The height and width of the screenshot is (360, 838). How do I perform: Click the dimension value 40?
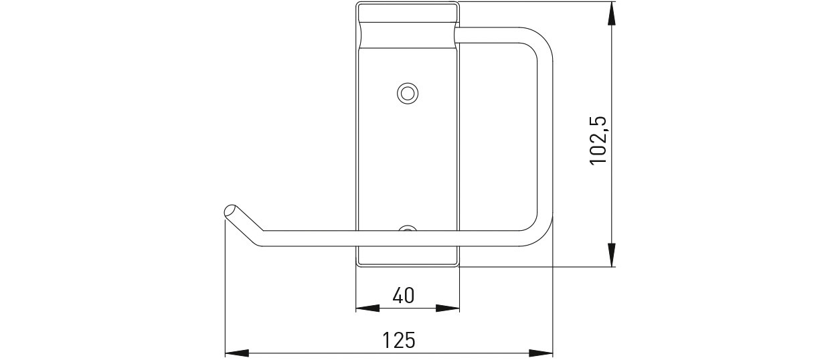[404, 295]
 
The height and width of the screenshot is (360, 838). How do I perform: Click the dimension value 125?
[399, 340]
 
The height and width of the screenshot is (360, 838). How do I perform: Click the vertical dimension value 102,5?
[598, 141]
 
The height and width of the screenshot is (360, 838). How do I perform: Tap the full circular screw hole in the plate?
[408, 93]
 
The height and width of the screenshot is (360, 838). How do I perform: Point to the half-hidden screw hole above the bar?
[408, 228]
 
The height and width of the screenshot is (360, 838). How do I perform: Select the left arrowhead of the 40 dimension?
[367, 308]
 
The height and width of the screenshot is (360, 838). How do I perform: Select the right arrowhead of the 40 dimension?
[447, 308]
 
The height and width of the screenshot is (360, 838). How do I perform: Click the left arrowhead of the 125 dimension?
[237, 353]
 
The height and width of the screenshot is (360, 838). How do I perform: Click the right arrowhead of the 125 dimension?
[541, 353]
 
